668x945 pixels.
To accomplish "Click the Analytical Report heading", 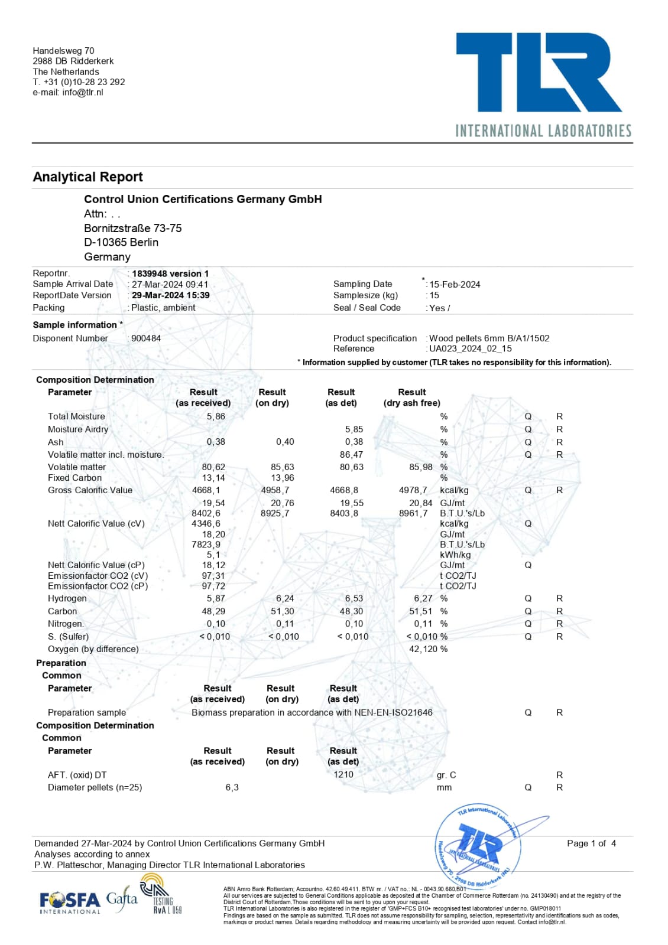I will pos(87,177).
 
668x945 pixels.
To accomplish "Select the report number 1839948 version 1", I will pos(170,273).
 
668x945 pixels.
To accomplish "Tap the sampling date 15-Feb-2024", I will pos(455,284).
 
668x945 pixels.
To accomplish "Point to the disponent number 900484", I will pos(146,338).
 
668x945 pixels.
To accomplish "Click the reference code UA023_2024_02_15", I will pos(471,348).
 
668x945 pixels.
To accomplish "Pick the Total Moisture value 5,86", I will pos(216,416).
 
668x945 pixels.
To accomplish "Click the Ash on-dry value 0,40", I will pos(285,442).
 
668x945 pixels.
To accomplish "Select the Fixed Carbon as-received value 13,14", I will pos(213,478).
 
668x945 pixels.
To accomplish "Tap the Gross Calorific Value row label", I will pos(90,490).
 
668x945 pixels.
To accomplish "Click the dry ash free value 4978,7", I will pos(413,490).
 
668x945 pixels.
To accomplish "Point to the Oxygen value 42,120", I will pos(423,649).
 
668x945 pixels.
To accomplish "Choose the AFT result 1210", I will pos(343,774).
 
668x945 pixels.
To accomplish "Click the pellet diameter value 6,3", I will pos(232,787).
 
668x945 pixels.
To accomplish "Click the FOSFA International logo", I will pos(70,901).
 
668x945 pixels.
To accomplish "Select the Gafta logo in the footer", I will pos(122,900).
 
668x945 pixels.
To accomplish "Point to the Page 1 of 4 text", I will pos(591,843).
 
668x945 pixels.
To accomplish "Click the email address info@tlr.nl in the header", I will pos(82,92).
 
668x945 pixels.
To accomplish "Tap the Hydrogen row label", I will pos(67,598).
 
